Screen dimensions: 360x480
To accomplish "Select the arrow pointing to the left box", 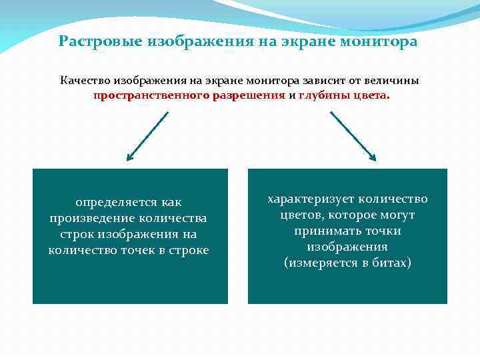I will tap(147, 136).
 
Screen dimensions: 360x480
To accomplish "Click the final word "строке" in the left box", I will tap(189, 250).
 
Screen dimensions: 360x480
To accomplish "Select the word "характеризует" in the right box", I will tap(311, 199).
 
